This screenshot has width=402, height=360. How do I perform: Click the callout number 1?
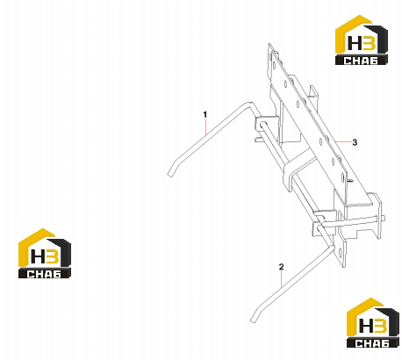point(205,114)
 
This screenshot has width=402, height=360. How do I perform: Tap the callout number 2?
point(281,267)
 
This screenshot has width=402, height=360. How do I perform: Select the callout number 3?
point(355,142)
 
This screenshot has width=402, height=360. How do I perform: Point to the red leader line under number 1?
point(205,126)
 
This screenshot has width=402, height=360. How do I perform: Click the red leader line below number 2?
point(282,279)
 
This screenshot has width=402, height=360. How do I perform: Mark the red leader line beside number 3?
point(343,142)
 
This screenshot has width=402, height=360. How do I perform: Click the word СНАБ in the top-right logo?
point(361,61)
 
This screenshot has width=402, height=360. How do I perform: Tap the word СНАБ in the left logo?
point(44,274)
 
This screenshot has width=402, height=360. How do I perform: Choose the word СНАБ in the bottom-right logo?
point(373,343)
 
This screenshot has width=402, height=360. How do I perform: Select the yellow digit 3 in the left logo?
point(52,257)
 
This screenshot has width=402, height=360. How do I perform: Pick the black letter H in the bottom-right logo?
point(366,327)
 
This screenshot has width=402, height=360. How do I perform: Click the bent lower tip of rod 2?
point(253,320)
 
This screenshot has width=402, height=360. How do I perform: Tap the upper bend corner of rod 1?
point(249,104)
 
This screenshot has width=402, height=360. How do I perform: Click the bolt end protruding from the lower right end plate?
point(384,218)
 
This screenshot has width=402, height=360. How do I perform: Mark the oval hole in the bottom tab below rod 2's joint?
point(341,252)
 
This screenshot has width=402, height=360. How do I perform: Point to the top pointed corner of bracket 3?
point(269,44)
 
